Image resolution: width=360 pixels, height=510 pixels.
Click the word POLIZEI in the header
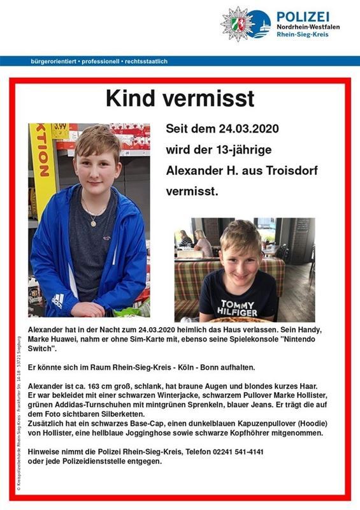(302, 16)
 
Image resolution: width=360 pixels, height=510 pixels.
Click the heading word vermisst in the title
(217, 98)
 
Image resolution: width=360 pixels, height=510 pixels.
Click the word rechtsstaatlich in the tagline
(148, 61)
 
